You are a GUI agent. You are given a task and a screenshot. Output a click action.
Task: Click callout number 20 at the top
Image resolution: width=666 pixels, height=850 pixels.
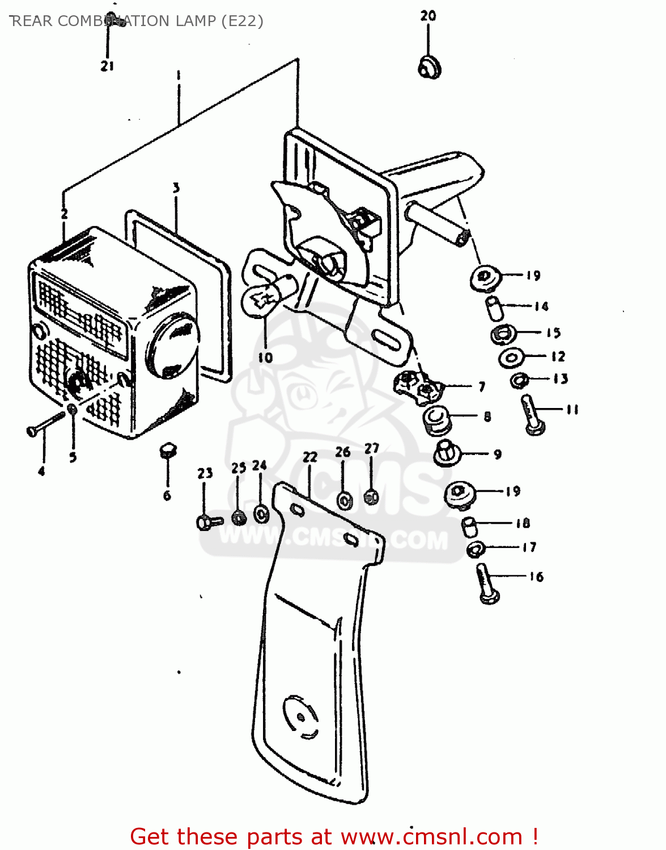click(428, 16)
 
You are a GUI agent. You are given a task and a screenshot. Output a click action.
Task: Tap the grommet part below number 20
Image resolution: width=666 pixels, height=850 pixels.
click(429, 67)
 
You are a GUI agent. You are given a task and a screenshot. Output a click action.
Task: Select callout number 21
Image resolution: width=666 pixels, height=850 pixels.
click(107, 66)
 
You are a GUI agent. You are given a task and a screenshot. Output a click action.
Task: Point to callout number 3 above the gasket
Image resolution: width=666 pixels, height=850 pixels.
click(176, 188)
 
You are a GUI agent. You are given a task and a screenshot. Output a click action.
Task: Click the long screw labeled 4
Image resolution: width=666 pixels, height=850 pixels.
click(46, 425)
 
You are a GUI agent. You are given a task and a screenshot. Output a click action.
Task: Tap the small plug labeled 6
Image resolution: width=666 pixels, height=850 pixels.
click(167, 451)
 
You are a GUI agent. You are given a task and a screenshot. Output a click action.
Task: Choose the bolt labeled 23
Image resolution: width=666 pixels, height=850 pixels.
click(207, 521)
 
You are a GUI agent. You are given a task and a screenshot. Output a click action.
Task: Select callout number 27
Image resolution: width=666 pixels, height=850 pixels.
click(371, 448)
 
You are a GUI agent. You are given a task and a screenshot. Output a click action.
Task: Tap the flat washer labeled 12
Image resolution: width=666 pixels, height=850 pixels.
click(511, 358)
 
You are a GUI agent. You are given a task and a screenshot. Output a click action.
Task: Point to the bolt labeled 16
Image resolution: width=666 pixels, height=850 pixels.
click(486, 584)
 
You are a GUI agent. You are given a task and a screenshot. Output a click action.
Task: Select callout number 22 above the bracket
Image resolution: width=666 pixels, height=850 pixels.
click(309, 457)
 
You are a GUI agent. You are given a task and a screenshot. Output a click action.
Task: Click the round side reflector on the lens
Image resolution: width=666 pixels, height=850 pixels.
click(173, 347)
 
